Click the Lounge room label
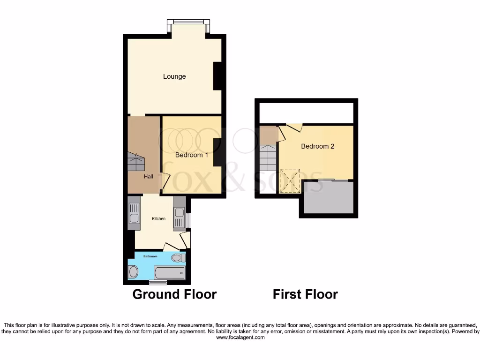point(174,76)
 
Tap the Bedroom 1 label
point(192,155)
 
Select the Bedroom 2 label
point(317,146)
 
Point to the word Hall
point(149,176)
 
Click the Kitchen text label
point(158,218)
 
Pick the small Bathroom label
point(150,256)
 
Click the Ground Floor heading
point(174,294)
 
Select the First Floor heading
point(305,294)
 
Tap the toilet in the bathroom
point(177,258)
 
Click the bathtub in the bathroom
point(169,272)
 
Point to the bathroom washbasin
point(133,271)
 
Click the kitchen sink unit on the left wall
point(134,213)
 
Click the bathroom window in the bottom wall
point(157,283)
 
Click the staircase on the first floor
point(268,158)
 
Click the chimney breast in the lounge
point(217,76)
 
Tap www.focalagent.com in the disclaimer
point(240,337)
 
